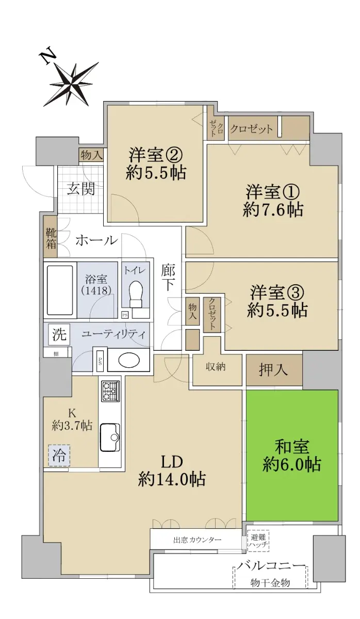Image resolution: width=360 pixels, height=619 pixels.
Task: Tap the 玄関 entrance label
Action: pos(81,189)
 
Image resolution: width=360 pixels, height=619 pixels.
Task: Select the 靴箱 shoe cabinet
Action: pos(51,237)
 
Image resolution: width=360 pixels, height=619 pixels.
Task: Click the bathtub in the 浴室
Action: pos(60,289)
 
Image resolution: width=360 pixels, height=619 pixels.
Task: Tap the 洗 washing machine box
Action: pos(59,335)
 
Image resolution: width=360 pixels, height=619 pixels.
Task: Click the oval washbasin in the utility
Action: pos(129,360)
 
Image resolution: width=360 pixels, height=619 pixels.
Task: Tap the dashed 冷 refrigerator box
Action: pos(59,455)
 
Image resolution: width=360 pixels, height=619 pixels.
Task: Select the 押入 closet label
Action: pos(273,369)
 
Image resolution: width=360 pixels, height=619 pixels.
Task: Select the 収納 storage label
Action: pos(216,367)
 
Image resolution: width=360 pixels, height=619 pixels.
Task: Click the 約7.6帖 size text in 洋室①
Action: pos(273,209)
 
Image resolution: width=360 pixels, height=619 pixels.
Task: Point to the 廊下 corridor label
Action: pos(168,278)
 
